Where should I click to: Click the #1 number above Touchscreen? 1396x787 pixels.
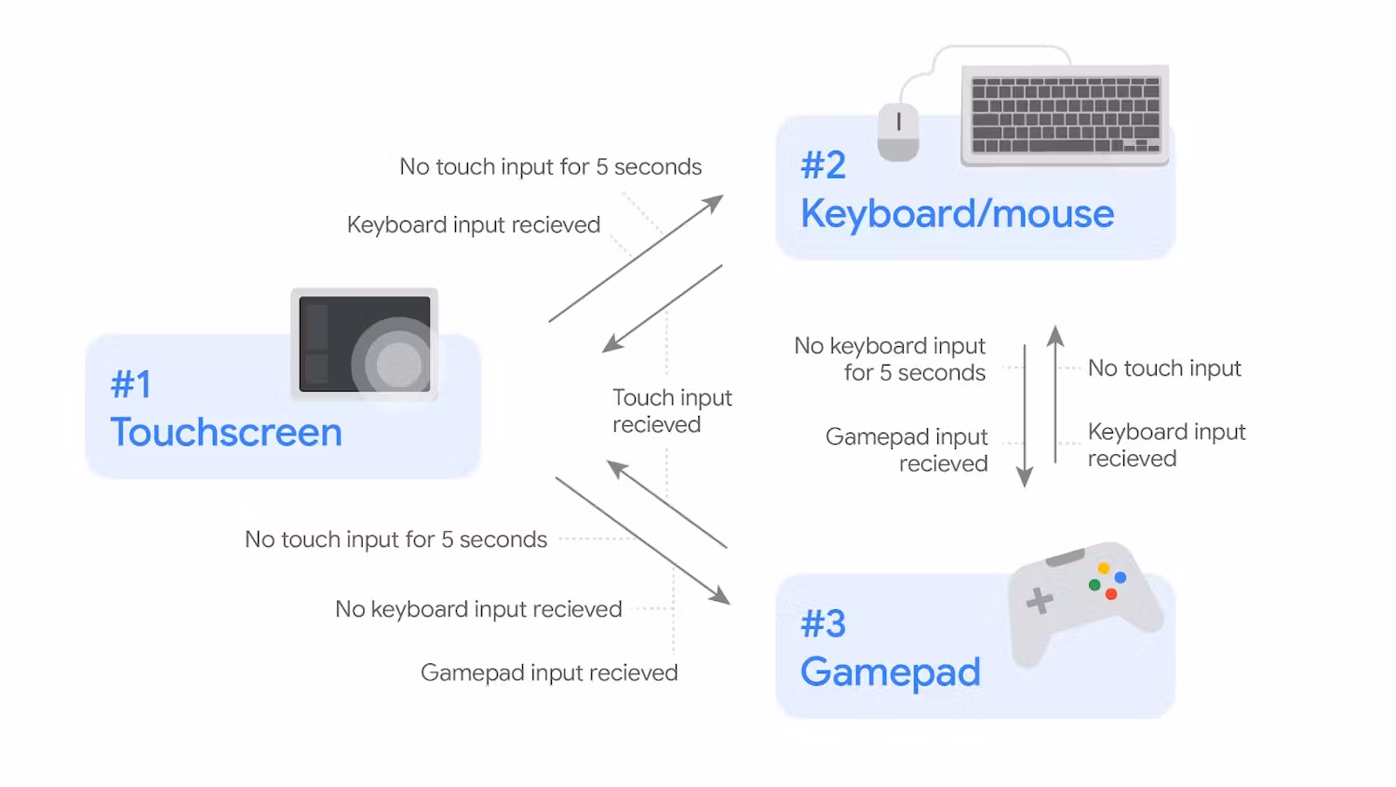[130, 384]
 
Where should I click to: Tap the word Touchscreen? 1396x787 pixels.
[226, 433]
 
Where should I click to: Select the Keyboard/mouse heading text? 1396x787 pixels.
[957, 214]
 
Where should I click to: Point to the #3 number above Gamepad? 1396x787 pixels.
[823, 623]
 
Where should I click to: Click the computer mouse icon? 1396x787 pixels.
[898, 131]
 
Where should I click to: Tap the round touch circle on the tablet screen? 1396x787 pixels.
[398, 363]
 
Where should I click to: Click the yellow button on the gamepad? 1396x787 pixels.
[1103, 567]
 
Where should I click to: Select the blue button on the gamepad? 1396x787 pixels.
[1121, 578]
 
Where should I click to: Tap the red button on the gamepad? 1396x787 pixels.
[1111, 594]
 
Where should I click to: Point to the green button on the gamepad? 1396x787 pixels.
[1094, 585]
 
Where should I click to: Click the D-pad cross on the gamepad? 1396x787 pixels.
[1040, 601]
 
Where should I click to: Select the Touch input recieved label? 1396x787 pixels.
[671, 411]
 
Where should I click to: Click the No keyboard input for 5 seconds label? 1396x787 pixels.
[891, 359]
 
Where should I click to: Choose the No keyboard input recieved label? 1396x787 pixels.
[478, 609]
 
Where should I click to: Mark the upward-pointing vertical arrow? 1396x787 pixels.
[1055, 393]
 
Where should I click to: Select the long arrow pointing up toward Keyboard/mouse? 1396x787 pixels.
[636, 259]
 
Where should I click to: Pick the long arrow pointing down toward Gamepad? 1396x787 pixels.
[642, 540]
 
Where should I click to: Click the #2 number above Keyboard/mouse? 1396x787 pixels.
[823, 166]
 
